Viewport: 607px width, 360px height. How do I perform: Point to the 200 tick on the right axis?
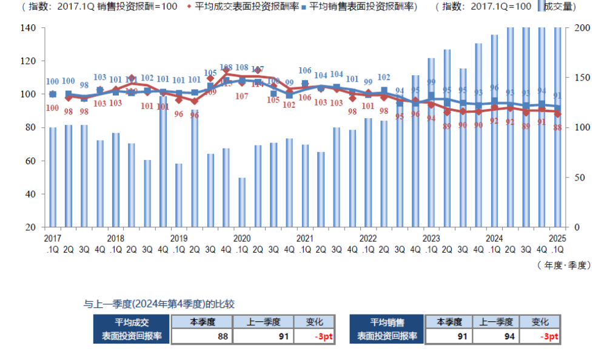point(581,28)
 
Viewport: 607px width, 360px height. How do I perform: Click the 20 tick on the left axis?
point(34,227)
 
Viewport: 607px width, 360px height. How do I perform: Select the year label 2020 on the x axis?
point(242,238)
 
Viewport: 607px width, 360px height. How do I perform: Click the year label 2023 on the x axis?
point(431,238)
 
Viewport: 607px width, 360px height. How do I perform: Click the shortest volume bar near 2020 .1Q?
point(242,202)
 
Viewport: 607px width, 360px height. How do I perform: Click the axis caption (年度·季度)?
point(563,265)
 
